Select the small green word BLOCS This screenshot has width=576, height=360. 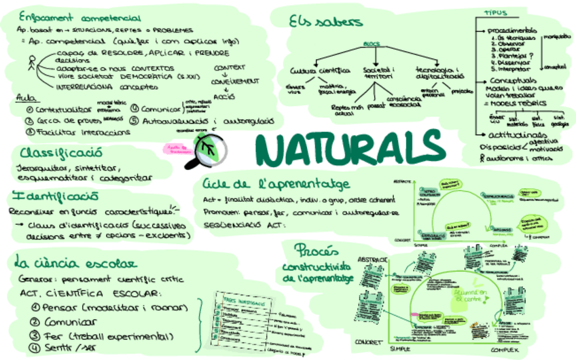372,44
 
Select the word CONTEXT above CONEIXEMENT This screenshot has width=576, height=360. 230,68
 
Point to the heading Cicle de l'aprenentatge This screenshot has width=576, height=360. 276,184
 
